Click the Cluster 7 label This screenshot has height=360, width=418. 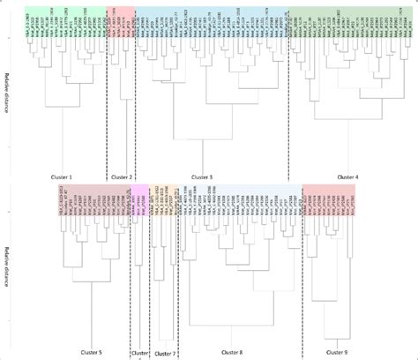[x=163, y=352]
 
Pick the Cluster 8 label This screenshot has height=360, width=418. [x=240, y=352]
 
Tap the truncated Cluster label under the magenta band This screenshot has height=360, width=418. [x=139, y=352]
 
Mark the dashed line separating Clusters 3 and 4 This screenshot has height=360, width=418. [x=289, y=106]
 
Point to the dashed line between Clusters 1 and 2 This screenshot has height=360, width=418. [x=107, y=106]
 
